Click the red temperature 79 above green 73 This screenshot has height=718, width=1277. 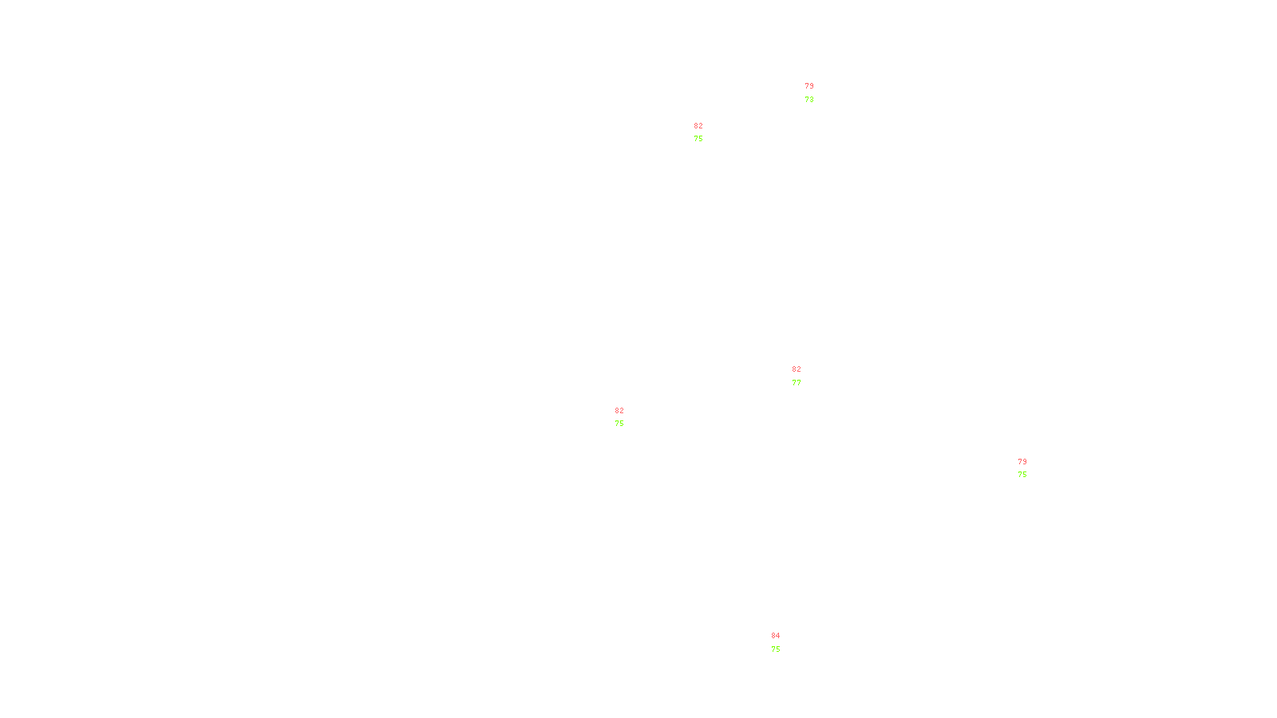point(809,86)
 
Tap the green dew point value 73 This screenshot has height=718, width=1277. point(809,100)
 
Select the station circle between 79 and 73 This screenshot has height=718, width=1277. point(816,93)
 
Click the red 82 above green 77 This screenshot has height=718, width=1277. point(797,369)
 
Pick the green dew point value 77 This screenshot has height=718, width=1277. point(797,383)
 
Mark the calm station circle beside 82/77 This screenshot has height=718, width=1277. point(805,376)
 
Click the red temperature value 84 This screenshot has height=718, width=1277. point(776,636)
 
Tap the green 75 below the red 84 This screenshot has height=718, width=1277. point(776,649)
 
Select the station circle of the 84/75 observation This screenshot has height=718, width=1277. point(783,643)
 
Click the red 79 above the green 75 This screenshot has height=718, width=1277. point(1022,462)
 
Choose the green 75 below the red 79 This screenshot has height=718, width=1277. point(1022,475)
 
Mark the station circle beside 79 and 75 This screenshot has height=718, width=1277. point(1030,468)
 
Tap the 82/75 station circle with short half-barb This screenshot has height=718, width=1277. point(627,417)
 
